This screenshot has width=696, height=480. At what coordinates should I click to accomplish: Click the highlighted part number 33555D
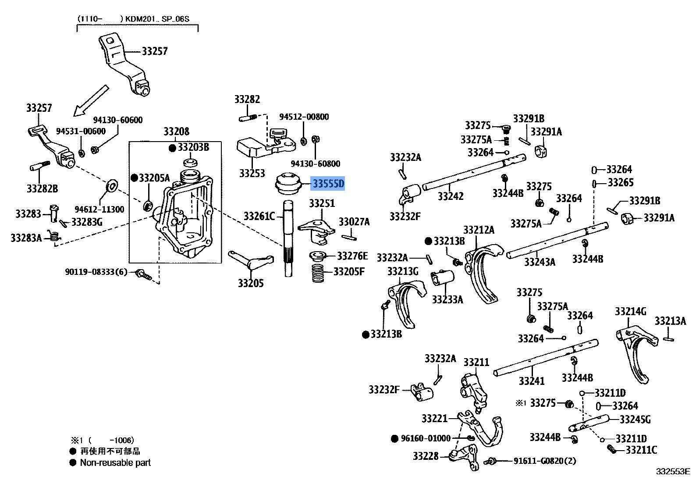click(328, 183)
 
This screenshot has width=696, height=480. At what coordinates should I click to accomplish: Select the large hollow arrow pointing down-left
click(91, 101)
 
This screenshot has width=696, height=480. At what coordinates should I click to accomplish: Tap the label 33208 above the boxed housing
click(176, 132)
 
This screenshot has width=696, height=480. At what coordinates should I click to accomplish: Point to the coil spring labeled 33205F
click(318, 273)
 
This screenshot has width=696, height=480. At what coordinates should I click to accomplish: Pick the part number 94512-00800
click(304, 117)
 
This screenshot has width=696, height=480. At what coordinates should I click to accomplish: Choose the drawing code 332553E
click(673, 472)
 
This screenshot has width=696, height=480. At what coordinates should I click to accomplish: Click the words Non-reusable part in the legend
click(115, 462)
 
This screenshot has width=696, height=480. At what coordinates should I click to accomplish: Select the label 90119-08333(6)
click(96, 272)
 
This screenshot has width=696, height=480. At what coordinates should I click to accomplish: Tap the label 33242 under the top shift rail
click(451, 196)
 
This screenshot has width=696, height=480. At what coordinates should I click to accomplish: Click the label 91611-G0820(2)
click(545, 461)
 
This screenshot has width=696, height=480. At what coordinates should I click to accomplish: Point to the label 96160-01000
click(425, 438)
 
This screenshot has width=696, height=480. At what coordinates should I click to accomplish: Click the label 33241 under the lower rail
click(531, 381)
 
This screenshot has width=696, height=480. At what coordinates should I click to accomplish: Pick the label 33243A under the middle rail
click(540, 262)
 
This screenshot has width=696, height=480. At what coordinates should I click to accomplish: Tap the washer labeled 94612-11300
click(112, 186)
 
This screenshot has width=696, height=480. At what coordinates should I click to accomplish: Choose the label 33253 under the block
click(252, 173)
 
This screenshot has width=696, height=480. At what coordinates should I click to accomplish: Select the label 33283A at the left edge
click(26, 238)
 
